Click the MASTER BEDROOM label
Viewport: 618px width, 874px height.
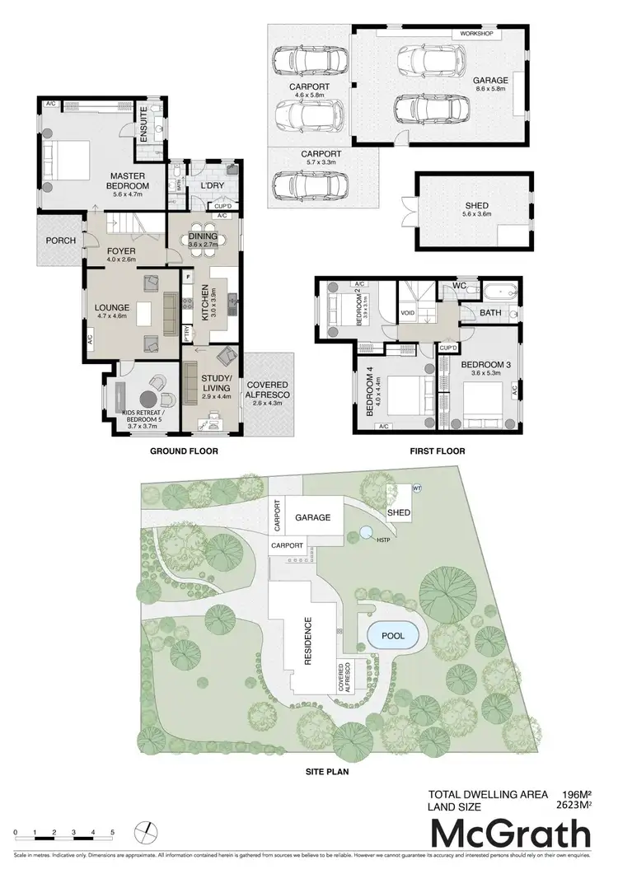[x=127, y=180]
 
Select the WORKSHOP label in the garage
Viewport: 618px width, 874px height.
[x=475, y=34]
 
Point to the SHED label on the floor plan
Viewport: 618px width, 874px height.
[x=477, y=205]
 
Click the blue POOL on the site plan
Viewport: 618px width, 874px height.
[x=392, y=636]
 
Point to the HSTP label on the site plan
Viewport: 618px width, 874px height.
[x=383, y=539]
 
